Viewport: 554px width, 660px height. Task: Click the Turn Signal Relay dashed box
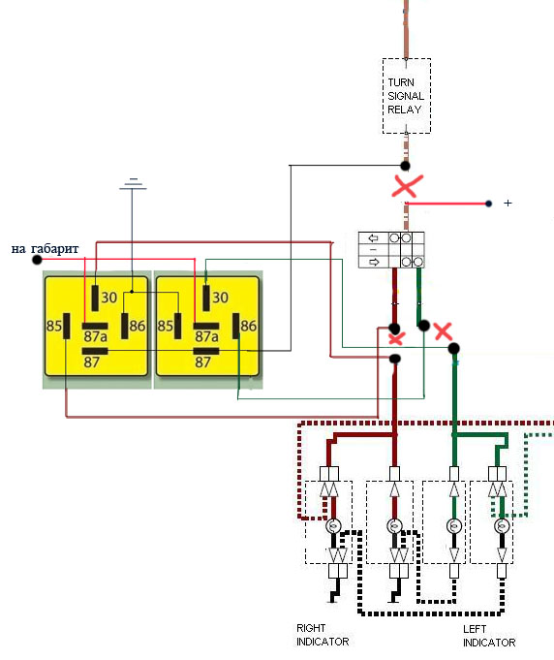(x=407, y=59)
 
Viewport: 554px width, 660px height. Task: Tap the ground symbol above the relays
(x=133, y=184)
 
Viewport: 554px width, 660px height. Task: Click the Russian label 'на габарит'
(x=45, y=249)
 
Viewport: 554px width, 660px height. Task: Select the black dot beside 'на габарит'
(x=37, y=260)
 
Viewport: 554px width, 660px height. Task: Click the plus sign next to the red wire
(x=508, y=204)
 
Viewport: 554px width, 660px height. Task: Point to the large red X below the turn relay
(x=407, y=186)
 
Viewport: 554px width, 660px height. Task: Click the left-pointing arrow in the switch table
(x=373, y=238)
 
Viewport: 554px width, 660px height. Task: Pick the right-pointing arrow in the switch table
(x=374, y=263)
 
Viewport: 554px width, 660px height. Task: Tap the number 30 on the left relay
(x=108, y=298)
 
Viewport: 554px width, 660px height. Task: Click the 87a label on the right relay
(x=206, y=336)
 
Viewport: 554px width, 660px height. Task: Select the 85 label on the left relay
(x=54, y=326)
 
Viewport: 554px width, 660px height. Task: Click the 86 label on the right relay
(x=249, y=326)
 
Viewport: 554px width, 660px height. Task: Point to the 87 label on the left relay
(x=92, y=362)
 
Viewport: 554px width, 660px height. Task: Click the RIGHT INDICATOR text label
(x=323, y=635)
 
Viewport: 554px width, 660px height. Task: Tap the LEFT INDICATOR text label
(x=489, y=636)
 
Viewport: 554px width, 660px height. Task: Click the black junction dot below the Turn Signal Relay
(x=405, y=166)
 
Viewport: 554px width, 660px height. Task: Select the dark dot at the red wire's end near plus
(x=488, y=204)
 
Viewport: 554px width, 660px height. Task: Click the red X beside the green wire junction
(x=443, y=331)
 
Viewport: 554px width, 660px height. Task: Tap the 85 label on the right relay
(x=165, y=326)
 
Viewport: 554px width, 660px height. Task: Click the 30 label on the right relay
(x=220, y=298)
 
